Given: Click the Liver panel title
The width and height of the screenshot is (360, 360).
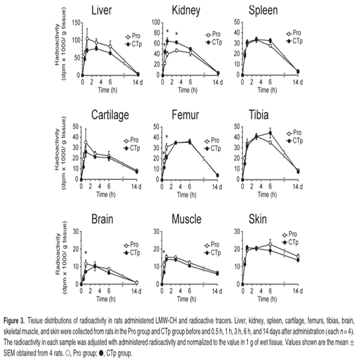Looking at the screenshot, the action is coord(101,10).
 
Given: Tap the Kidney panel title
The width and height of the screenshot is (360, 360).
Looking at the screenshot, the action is coord(186,11).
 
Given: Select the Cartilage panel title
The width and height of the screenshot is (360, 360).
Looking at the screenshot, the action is coord(110,115).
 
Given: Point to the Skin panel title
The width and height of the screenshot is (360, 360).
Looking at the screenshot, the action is coord(257,219).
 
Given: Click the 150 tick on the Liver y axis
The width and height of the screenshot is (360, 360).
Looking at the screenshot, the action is coord(76,23).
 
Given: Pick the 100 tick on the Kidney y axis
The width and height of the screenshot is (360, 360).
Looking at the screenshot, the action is coord(157,22).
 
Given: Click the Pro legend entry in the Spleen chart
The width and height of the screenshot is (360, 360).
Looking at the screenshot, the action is coord(293,33).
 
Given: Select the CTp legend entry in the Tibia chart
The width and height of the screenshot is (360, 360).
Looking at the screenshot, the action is coord(295,141).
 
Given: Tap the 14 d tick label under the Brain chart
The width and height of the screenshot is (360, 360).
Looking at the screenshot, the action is coord(136,291).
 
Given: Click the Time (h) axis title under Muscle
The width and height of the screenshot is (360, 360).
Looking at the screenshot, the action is coord(187,299).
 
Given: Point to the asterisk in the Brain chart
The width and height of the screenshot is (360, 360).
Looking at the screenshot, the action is coord(86,253).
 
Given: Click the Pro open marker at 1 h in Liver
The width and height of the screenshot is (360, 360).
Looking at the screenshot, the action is coord(87,38).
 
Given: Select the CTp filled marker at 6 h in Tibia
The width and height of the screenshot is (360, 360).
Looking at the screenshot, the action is coord(270,133).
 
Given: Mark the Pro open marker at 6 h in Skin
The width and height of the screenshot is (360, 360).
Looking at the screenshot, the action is coord(270,245).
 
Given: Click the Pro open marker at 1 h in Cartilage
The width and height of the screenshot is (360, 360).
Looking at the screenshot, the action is coord(86,142).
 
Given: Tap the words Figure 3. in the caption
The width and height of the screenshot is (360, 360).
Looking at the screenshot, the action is coord(14,320).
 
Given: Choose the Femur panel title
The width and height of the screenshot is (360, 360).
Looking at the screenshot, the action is coord(185,115).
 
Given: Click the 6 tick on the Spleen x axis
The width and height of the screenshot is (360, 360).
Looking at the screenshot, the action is coord(270,82).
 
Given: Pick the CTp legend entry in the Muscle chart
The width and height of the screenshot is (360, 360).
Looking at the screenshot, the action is coord(212,253).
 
